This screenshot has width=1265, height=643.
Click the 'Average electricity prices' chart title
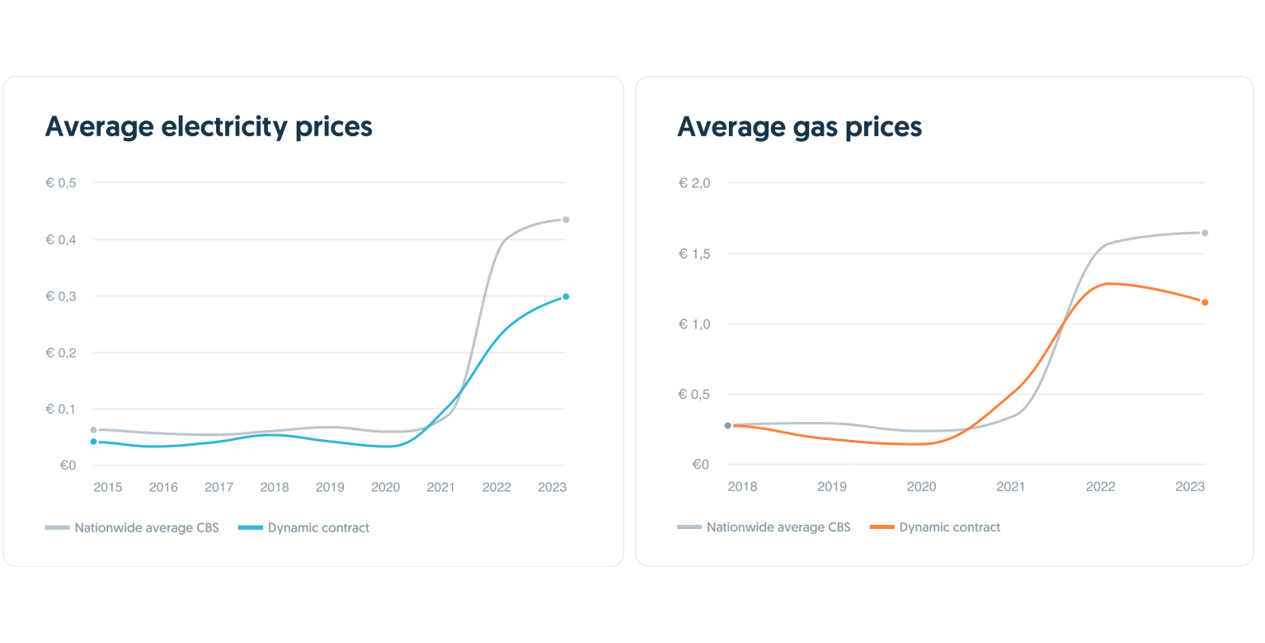209,127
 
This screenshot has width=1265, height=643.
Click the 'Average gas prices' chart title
799,127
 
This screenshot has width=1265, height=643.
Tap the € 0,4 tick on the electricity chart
61,239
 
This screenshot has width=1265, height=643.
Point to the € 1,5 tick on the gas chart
694,253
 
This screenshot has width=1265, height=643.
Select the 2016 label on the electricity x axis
163,487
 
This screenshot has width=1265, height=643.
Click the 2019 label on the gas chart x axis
831,487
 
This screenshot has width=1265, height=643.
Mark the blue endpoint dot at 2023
566,296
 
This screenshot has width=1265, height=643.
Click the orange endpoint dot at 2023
1205,302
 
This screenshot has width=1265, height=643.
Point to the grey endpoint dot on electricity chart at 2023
566,220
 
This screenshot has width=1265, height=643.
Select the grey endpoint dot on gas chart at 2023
1205,233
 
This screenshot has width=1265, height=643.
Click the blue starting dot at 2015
93,442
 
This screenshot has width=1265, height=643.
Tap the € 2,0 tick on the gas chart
694,182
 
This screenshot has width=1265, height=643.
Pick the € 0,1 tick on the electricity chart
61,409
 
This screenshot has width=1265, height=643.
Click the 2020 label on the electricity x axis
385,487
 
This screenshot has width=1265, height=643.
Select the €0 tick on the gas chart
700,465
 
